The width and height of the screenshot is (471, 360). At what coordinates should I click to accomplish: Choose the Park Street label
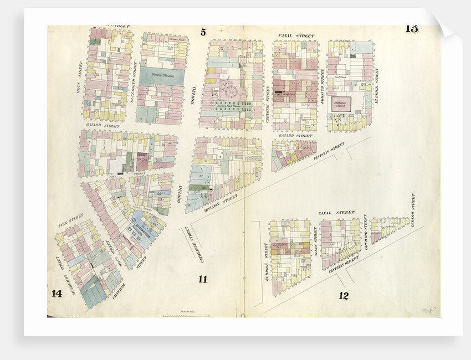coord(71,220)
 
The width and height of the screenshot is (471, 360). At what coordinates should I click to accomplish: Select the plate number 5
coord(203,31)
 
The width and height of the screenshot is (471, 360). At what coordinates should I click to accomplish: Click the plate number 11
coord(203,279)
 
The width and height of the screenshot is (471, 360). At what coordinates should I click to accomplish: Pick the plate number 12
coord(344,295)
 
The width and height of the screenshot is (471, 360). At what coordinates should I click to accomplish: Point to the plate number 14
coord(56,294)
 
